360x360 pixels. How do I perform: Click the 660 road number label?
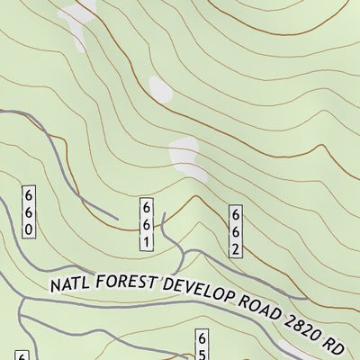[29, 212]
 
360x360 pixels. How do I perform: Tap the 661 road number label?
[145, 225]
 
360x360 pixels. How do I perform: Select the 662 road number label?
[235, 231]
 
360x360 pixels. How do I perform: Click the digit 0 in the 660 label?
[29, 229]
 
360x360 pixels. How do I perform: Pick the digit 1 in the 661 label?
[145, 242]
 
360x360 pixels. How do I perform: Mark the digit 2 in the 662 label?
[235, 248]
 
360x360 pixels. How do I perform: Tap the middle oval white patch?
[159, 88]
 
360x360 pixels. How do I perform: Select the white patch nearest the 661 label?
[184, 153]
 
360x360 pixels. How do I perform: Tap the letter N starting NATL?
[56, 289]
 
